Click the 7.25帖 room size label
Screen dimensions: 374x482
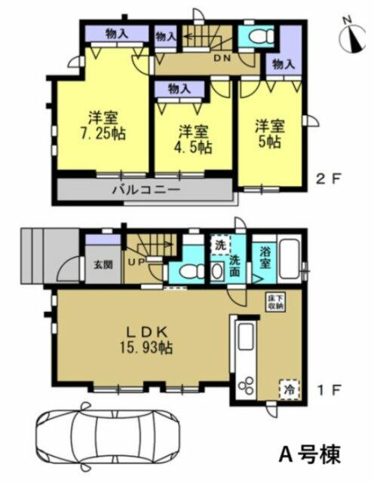click(x=103, y=134)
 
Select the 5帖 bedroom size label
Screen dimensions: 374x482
click(x=270, y=142)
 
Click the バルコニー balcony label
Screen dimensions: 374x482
click(x=146, y=190)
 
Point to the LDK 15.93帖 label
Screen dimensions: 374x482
click(x=147, y=341)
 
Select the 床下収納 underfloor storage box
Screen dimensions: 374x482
click(x=276, y=302)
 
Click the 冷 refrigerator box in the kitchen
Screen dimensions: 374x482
click(x=290, y=389)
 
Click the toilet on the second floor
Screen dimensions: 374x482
click(x=261, y=37)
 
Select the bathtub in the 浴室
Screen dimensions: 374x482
click(x=290, y=259)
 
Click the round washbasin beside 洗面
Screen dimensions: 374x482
click(x=218, y=272)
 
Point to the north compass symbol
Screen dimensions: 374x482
click(x=352, y=38)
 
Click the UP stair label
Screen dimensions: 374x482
click(x=136, y=263)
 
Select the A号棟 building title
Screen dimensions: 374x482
click(x=310, y=454)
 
